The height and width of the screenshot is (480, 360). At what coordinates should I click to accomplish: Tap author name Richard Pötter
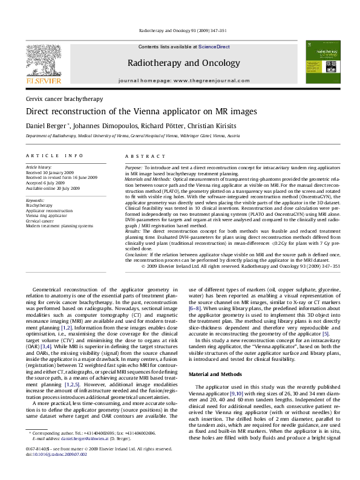(154, 126)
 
